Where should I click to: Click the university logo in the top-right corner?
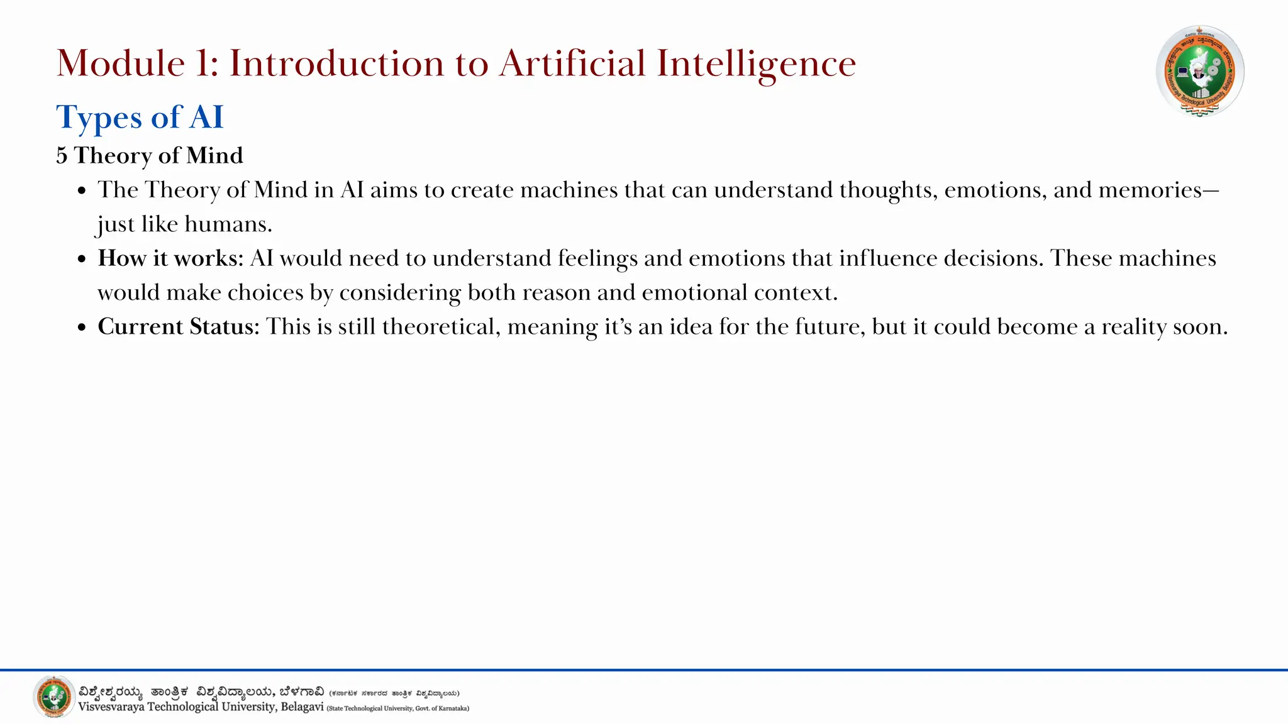point(1199,71)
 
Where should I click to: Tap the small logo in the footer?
point(53,696)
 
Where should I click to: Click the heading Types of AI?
point(140,118)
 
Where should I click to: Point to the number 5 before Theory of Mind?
point(62,156)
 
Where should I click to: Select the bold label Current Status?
point(178,327)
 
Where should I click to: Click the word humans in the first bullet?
point(228,224)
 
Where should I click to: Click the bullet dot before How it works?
point(82,260)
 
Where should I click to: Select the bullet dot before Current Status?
point(82,328)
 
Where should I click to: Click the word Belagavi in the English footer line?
point(302,707)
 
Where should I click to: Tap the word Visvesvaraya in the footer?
point(111,707)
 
